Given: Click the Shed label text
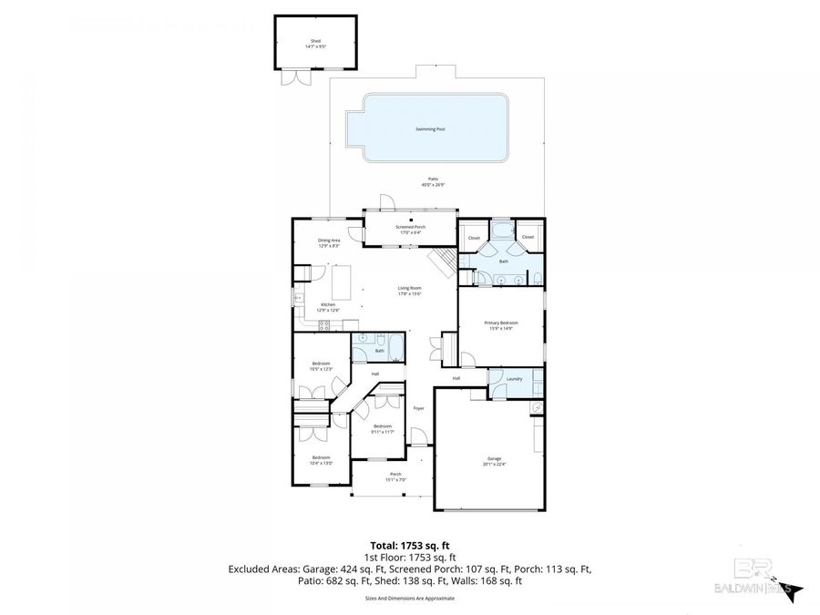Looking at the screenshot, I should pyautogui.click(x=315, y=41).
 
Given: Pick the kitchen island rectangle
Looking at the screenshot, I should pyautogui.click(x=340, y=276).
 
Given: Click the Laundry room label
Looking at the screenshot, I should pyautogui.click(x=514, y=378).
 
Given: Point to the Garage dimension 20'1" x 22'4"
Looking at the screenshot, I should pyautogui.click(x=494, y=465).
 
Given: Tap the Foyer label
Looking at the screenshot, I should pyautogui.click(x=418, y=408).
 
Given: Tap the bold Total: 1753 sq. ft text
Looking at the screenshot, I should pyautogui.click(x=409, y=545).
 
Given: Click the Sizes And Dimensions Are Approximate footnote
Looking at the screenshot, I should pyautogui.click(x=409, y=599).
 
